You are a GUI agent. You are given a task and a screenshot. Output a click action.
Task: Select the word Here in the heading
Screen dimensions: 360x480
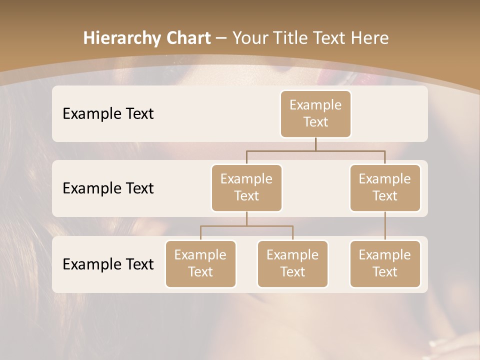(371, 38)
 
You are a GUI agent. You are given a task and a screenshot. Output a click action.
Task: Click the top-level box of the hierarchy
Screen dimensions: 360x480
(315, 113)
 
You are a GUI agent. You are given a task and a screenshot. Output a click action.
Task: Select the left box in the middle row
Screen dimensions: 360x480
(246, 187)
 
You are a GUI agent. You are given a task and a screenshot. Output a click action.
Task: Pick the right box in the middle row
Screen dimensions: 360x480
(385, 187)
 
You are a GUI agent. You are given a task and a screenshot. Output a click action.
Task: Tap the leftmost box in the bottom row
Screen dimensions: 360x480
(200, 263)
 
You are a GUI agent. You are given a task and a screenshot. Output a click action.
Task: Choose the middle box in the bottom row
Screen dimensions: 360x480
(292, 263)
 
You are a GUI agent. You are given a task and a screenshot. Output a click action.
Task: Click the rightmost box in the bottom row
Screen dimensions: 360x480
(385, 263)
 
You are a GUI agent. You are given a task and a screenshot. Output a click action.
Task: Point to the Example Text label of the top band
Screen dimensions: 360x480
(108, 114)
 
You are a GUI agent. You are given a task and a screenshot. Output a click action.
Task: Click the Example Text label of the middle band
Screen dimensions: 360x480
(108, 188)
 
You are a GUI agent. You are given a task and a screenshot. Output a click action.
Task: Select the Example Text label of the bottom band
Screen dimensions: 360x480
(108, 264)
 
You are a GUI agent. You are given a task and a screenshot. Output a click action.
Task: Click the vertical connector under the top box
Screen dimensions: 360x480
(315, 144)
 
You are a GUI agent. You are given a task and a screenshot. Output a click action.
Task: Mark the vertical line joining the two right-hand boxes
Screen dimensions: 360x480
(385, 226)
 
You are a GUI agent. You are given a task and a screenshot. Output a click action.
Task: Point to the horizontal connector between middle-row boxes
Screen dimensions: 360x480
(315, 150)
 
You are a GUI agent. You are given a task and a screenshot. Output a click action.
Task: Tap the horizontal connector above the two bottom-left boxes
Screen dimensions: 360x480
(246, 226)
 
